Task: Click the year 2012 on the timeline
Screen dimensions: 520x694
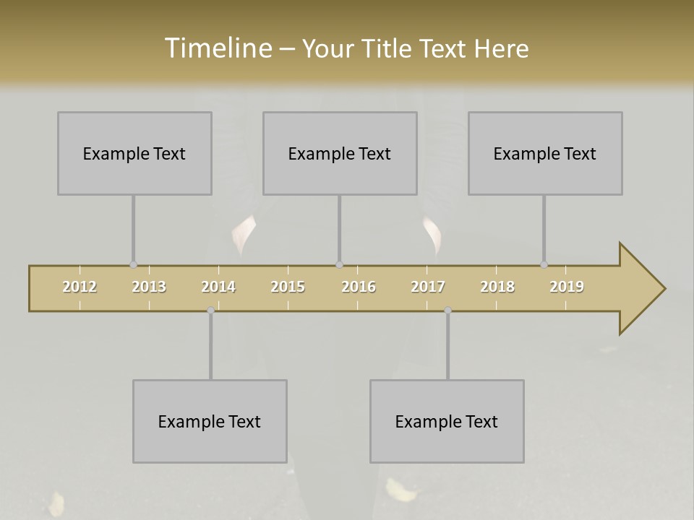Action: click(x=80, y=287)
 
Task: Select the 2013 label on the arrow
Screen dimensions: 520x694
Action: click(x=149, y=287)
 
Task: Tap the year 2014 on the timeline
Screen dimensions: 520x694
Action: click(x=218, y=287)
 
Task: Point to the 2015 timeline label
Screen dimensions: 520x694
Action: click(x=288, y=287)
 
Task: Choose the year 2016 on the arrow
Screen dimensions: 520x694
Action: click(x=359, y=287)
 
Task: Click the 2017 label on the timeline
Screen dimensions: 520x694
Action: click(x=428, y=287)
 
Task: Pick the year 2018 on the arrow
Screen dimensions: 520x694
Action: click(x=497, y=287)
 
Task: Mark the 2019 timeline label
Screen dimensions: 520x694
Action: click(x=567, y=287)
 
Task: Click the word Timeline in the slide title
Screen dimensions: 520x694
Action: click(x=217, y=48)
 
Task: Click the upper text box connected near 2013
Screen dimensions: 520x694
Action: click(x=134, y=153)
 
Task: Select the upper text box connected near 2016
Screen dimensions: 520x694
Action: click(x=340, y=153)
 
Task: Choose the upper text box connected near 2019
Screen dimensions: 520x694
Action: click(x=545, y=153)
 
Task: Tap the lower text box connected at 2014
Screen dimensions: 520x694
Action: click(x=210, y=421)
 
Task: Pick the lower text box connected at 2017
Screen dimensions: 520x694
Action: click(x=447, y=421)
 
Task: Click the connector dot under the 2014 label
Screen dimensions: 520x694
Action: click(x=210, y=310)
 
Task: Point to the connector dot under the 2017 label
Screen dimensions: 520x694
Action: click(x=447, y=310)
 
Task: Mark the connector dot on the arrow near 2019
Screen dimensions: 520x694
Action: click(x=544, y=264)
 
